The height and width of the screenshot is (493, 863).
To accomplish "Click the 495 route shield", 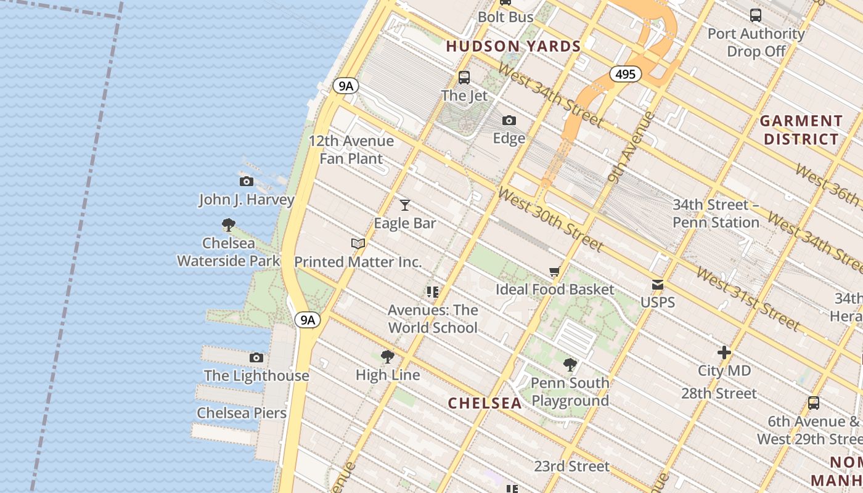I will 625,75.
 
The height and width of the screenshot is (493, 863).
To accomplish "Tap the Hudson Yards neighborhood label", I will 513,46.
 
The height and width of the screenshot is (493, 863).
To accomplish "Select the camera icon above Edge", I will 509,120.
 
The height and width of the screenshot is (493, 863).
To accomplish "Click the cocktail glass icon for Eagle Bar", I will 405,205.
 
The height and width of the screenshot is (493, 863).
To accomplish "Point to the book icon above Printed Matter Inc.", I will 358,243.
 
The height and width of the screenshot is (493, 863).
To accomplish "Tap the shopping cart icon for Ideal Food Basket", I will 555,272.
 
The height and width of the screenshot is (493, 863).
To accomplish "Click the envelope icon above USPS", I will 658,285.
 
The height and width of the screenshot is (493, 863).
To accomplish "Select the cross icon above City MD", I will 724,353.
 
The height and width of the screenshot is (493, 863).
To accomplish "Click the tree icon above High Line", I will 388,356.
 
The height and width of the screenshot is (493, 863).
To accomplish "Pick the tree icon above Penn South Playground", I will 570,365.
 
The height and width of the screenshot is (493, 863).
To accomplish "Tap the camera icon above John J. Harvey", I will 247,181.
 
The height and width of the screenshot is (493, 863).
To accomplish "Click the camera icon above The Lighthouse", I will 256,357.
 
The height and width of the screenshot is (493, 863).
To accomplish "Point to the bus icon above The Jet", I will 464,78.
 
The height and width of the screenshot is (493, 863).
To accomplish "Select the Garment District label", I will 801,130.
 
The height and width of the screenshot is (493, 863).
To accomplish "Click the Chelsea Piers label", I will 242,413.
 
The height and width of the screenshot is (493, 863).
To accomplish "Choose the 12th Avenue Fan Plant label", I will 351,150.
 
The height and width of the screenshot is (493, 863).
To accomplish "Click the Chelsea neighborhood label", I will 485,403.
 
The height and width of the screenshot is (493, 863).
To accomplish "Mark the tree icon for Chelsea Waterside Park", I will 229,225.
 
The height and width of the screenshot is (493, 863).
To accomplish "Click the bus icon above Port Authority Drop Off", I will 756,15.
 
